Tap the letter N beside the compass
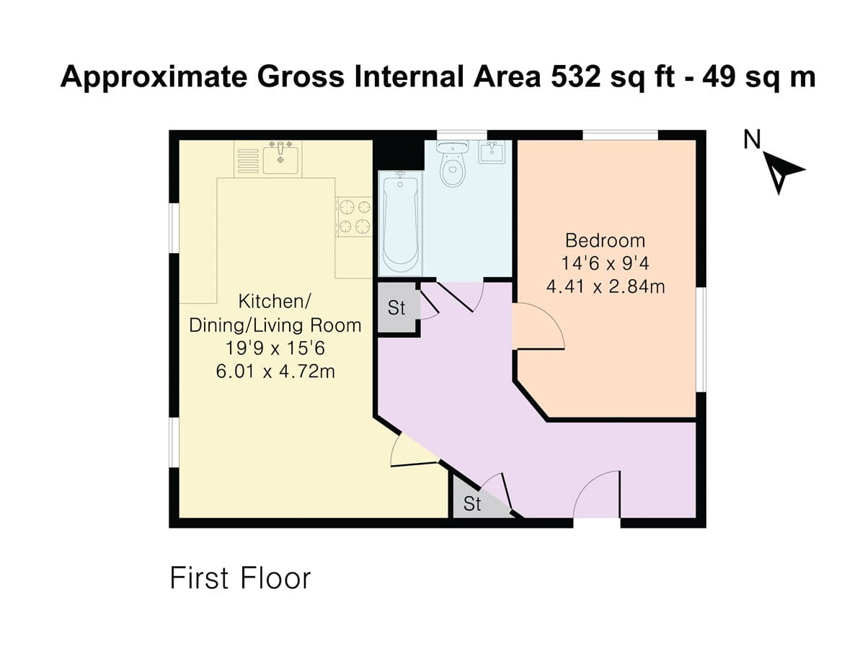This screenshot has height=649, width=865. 753,139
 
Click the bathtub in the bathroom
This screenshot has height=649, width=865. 398,224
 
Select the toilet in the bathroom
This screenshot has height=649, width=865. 453,166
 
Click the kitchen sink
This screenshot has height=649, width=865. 282,157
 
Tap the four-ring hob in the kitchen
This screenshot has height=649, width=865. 354,216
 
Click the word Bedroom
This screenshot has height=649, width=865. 605,240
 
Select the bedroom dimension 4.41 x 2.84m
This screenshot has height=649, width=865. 605,287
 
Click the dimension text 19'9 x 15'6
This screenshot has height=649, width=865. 275,348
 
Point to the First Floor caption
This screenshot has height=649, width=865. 240,578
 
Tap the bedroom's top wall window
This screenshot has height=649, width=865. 620,135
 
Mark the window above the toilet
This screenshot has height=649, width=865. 462,135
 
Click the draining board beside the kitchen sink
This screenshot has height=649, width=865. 248,159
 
